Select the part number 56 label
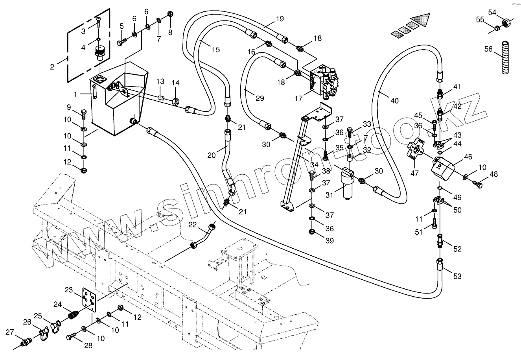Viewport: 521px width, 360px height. click(x=488, y=49)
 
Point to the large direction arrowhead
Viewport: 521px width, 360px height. click(x=421, y=21)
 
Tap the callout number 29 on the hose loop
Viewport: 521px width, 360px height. click(x=260, y=98)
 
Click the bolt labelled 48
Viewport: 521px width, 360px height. click(x=479, y=183)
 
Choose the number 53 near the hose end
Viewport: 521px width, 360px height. click(x=457, y=276)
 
